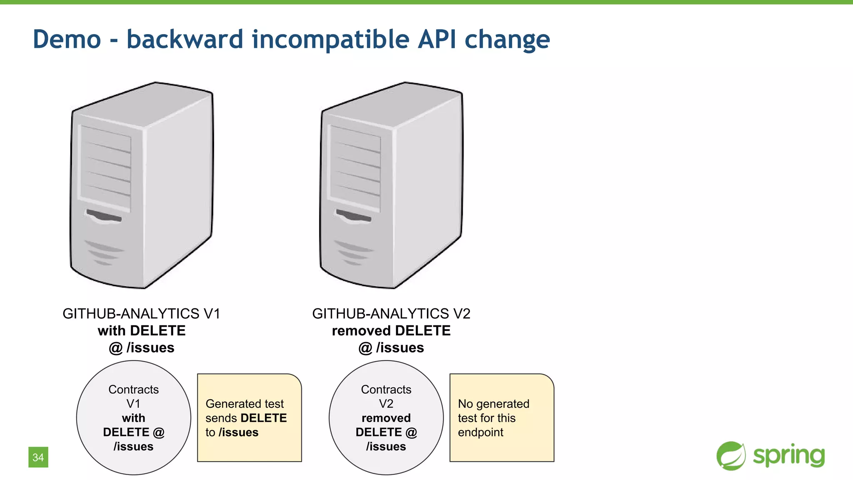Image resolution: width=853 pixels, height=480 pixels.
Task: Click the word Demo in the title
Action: point(67,40)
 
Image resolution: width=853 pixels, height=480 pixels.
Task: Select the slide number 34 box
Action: point(38,457)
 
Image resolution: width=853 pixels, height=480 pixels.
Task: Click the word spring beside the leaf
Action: point(789,456)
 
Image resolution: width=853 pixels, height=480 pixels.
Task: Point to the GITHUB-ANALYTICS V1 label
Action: point(141,313)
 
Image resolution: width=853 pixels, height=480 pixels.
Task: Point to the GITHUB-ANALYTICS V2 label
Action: point(391,313)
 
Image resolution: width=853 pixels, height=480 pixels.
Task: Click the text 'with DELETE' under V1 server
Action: point(142,331)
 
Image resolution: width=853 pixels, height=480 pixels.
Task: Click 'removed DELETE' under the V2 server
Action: point(391,331)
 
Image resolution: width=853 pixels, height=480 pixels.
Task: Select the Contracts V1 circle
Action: point(134,417)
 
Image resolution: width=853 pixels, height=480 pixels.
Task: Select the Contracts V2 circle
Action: point(386,417)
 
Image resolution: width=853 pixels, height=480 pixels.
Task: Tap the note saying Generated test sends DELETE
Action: point(249,417)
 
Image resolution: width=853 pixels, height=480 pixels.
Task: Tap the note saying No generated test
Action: point(501,417)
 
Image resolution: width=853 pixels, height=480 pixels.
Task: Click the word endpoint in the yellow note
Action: point(480,432)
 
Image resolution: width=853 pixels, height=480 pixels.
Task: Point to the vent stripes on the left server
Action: point(104,252)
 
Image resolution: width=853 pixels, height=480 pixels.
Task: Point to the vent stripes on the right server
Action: point(353,252)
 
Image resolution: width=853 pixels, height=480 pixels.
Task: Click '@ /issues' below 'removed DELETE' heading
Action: point(391,348)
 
